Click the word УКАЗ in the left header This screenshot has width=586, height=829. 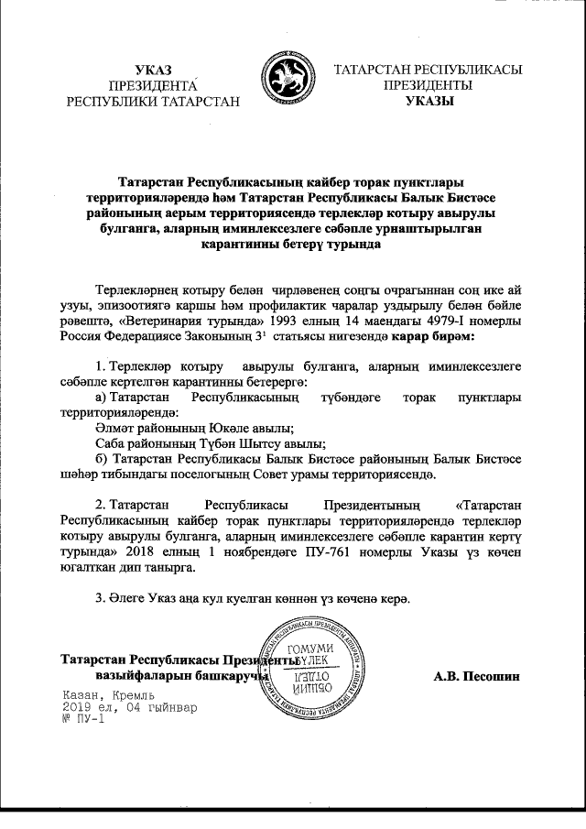click(x=152, y=70)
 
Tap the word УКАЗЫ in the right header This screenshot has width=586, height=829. click(x=429, y=102)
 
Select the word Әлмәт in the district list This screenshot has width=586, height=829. click(x=113, y=428)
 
